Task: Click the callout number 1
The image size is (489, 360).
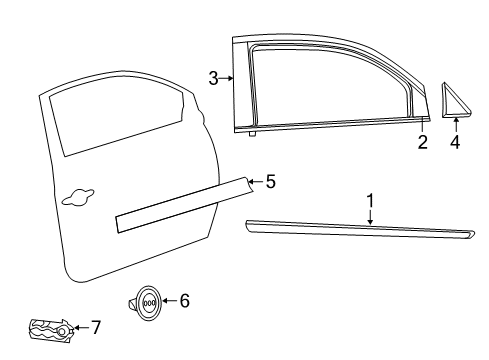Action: [371, 200]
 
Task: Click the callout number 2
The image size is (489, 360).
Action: [423, 143]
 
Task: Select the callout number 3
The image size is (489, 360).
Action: [214, 78]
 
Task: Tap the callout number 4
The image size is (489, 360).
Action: [455, 143]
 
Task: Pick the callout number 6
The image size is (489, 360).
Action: [183, 299]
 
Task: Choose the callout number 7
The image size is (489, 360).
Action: [96, 325]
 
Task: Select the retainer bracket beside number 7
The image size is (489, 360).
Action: [49, 328]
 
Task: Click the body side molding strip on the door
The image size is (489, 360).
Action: [180, 205]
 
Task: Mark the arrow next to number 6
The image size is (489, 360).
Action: [168, 299]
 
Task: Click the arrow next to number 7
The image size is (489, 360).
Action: [82, 325]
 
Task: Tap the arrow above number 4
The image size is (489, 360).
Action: [455, 124]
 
